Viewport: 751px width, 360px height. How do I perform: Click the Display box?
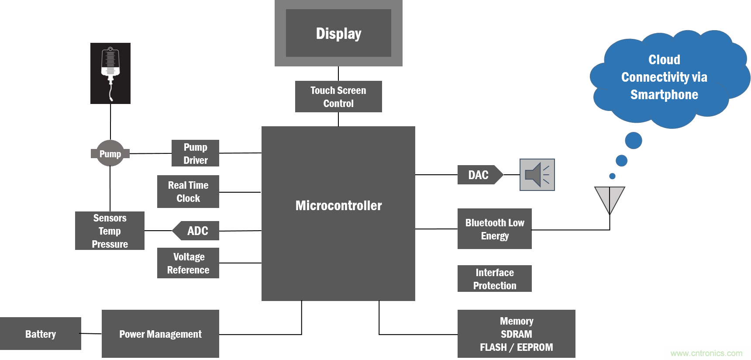[x=338, y=33]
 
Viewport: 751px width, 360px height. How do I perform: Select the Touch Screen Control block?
[x=338, y=97]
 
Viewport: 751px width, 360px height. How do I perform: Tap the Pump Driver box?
[x=195, y=153]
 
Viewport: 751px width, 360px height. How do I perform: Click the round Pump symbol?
[x=110, y=153]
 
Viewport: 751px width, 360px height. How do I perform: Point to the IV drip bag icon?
[x=110, y=73]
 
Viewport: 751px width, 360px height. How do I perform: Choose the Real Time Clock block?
[x=188, y=191]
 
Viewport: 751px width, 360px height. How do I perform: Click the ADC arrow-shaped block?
[x=196, y=231]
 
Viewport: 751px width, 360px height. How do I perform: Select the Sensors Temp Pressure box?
[x=110, y=231]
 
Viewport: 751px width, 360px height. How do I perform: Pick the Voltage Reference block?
[x=188, y=263]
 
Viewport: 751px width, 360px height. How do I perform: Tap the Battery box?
[x=40, y=334]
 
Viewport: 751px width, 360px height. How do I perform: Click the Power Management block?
[x=160, y=334]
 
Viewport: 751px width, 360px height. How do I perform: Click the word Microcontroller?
[x=338, y=205]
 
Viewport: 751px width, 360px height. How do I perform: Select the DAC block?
[x=479, y=175]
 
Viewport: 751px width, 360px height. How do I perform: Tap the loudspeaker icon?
[x=537, y=175]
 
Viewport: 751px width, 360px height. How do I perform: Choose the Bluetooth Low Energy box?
[x=495, y=229]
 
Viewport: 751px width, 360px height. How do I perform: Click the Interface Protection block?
[x=495, y=279]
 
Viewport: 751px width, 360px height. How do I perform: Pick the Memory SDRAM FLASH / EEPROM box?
[x=516, y=334]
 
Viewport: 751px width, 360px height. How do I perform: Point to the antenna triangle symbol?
[x=610, y=197]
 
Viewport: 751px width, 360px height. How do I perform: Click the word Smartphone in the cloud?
[x=664, y=94]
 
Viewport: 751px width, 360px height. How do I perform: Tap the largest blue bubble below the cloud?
[x=634, y=140]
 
